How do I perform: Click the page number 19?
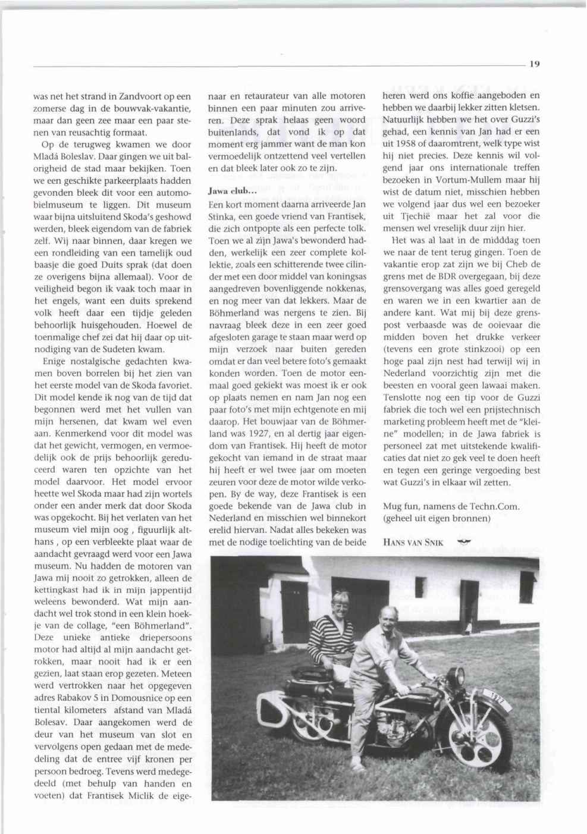[x=533, y=64]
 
